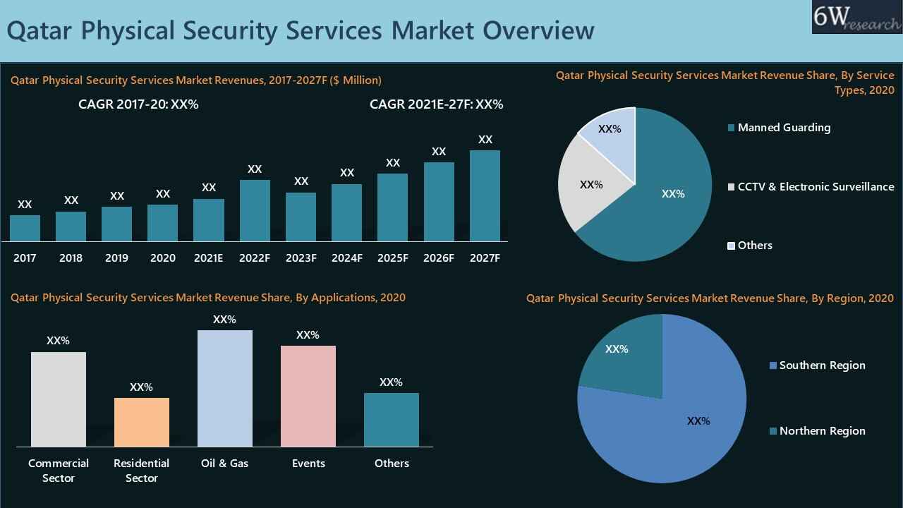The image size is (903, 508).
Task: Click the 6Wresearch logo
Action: pos(856,17)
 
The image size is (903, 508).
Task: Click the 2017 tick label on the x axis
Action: pos(25,258)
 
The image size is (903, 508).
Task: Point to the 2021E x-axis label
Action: pos(209,258)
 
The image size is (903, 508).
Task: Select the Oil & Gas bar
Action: pos(224,388)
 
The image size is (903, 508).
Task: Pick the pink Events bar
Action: pos(308,396)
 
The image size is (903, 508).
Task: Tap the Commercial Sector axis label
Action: pos(59,471)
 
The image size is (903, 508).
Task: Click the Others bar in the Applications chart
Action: pos(391,420)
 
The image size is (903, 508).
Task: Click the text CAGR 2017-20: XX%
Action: pos(138,104)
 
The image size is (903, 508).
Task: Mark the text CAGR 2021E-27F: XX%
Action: pos(436,104)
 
